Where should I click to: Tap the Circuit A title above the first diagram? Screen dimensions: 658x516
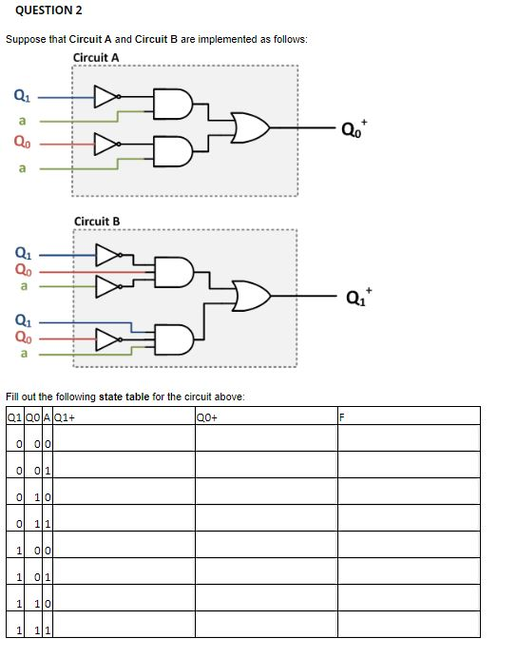[x=96, y=57]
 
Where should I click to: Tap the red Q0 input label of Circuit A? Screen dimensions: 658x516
[x=20, y=145]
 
